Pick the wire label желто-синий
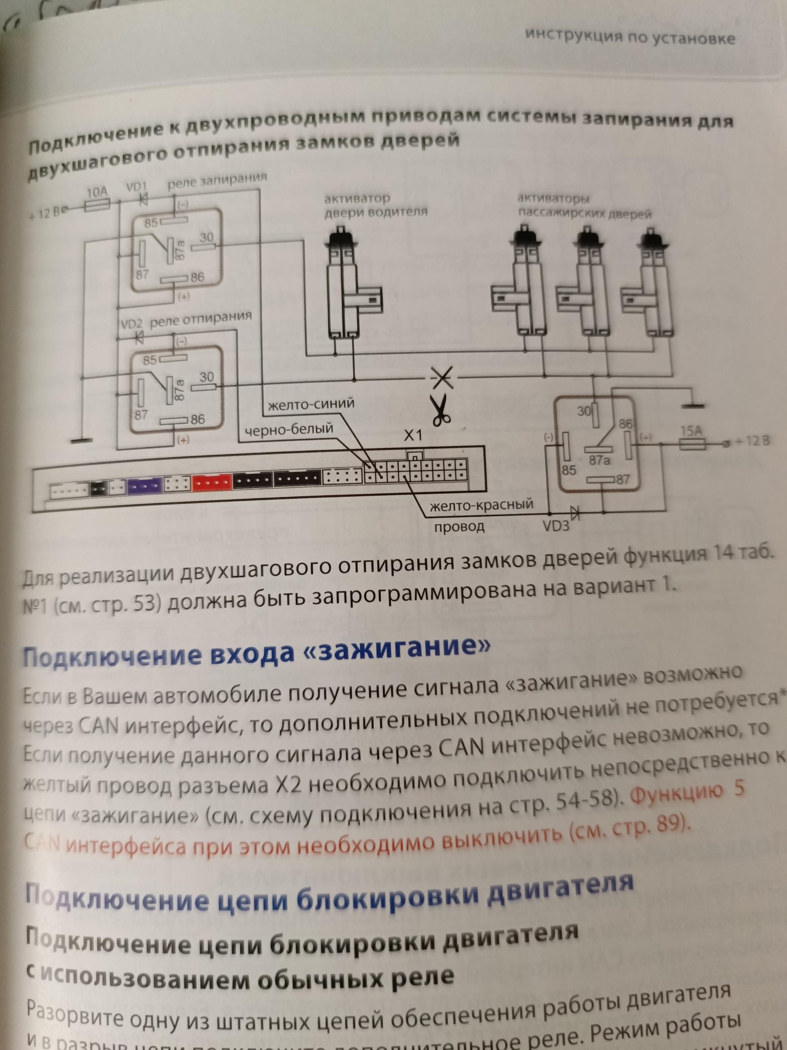311,404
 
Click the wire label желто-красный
481,505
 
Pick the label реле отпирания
201,320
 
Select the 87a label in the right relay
599,459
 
